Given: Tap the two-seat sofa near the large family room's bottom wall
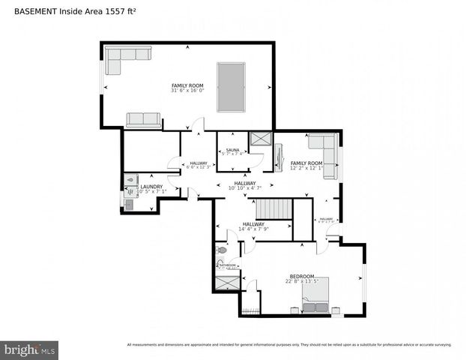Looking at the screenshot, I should click(x=143, y=120).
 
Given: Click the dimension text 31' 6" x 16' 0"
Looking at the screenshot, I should click(x=187, y=91).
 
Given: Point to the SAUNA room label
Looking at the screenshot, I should click(x=232, y=150).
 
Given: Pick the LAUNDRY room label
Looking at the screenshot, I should click(x=152, y=187).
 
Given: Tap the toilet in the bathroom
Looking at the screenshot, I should click(x=222, y=250).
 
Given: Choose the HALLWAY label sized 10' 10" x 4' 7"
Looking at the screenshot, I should click(x=244, y=183).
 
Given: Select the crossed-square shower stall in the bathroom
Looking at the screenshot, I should click(x=226, y=283).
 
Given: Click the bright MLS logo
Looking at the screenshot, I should click(x=30, y=349).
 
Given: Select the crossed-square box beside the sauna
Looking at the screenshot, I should click(x=261, y=139).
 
